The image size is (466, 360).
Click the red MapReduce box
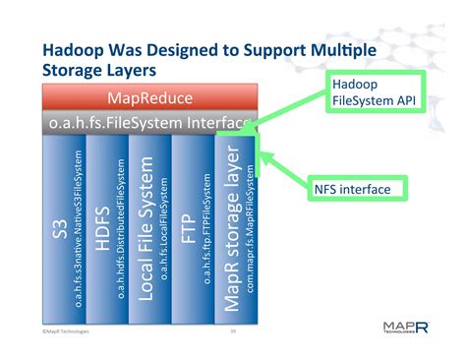(x=148, y=99)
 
